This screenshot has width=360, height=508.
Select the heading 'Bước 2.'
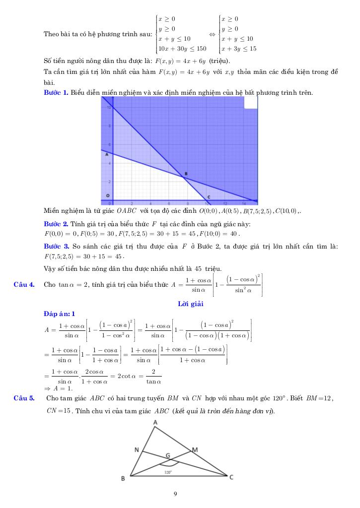(x=56, y=224)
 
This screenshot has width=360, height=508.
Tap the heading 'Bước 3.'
(x=56, y=247)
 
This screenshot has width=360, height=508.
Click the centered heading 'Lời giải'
(x=190, y=304)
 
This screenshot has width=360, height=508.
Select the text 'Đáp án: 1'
(x=59, y=314)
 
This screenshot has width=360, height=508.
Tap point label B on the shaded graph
(x=186, y=174)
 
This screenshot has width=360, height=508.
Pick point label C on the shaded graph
(x=209, y=197)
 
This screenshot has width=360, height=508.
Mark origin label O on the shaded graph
(x=108, y=196)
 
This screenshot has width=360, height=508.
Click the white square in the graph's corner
(x=251, y=102)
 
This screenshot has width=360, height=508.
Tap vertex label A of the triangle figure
(x=155, y=422)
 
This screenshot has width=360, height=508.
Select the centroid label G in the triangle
(x=168, y=455)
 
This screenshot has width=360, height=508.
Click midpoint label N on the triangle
(x=136, y=450)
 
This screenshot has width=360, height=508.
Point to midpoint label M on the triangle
(x=195, y=449)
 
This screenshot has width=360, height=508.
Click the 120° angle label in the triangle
(x=168, y=472)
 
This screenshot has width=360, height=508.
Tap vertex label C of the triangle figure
(x=231, y=477)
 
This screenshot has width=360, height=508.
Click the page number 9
(x=175, y=494)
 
